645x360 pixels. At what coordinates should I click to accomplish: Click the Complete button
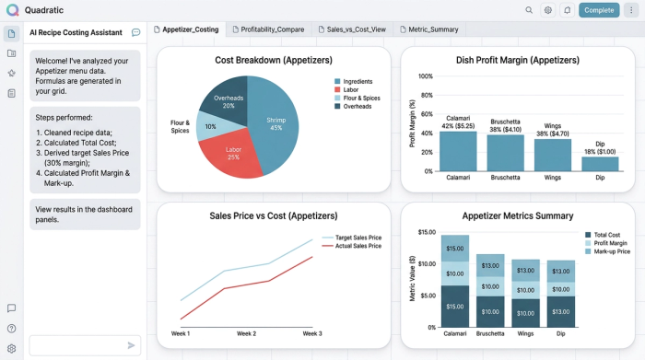point(599,10)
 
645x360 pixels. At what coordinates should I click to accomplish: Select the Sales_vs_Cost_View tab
point(352,29)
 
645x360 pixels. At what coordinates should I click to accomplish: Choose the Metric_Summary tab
point(427,29)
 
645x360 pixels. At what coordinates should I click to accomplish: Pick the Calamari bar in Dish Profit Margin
point(458,151)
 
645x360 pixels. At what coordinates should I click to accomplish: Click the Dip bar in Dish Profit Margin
point(600,164)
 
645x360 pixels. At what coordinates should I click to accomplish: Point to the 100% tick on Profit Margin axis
point(426,76)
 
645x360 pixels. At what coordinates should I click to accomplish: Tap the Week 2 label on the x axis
point(246,333)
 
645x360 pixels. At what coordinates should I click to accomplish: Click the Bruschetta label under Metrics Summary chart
point(490,333)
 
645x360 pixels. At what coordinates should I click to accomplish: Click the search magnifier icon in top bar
point(529,10)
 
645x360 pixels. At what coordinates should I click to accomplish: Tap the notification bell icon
point(567,10)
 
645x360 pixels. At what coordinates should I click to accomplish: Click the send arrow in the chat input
point(131,345)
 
